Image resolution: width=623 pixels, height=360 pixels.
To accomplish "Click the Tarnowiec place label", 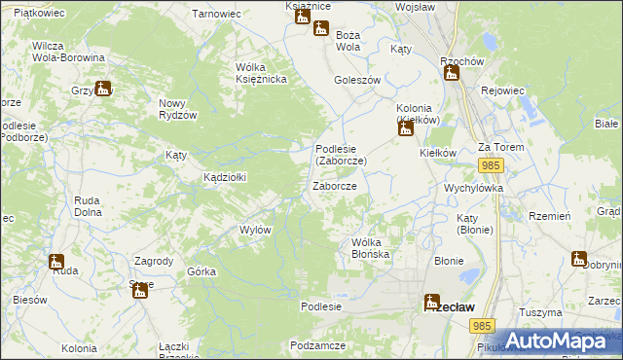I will click(x=215, y=15).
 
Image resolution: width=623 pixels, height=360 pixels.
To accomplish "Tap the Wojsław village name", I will click(x=416, y=7).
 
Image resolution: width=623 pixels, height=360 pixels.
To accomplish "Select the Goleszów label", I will click(x=356, y=81).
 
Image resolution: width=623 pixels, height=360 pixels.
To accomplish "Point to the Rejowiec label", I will click(x=503, y=90).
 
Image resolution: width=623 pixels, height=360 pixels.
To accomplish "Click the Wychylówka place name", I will click(x=472, y=187).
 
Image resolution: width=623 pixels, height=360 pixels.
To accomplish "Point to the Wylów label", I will click(x=255, y=230).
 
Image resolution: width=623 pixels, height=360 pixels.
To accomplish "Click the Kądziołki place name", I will click(x=224, y=177).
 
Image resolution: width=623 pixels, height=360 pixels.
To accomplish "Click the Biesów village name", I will click(x=30, y=300).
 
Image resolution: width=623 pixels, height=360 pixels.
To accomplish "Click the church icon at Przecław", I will click(x=431, y=302).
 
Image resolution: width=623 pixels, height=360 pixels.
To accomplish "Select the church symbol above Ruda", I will click(x=56, y=262).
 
